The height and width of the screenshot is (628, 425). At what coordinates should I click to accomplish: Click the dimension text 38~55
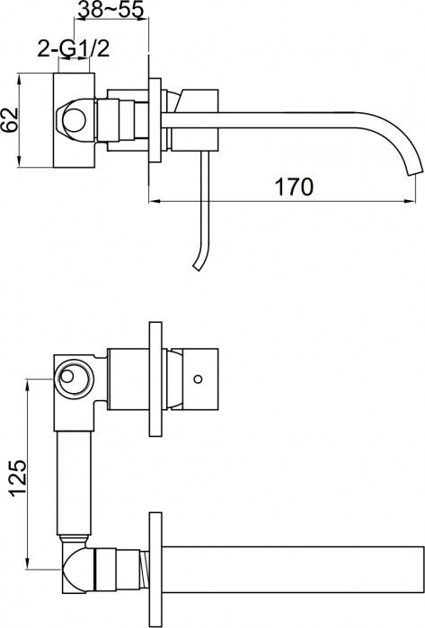pyautogui.click(x=109, y=11)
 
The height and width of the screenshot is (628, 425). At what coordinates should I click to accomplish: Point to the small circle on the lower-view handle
pyautogui.click(x=198, y=378)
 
